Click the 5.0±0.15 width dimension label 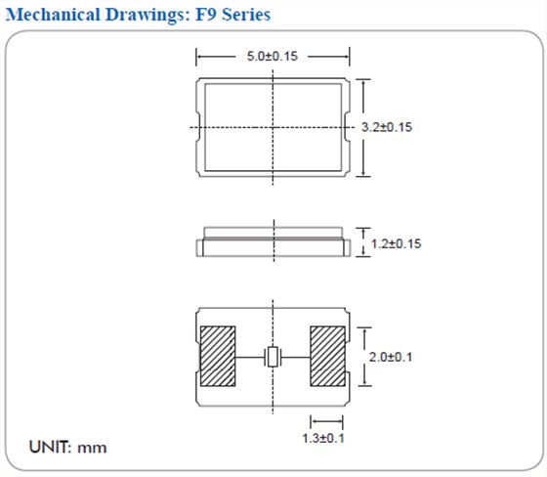click(x=273, y=56)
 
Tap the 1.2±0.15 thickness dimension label click(x=397, y=242)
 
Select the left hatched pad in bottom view click(x=218, y=357)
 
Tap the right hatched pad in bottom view click(x=328, y=357)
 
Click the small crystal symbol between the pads click(x=273, y=358)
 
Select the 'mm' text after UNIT click(x=94, y=449)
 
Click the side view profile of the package click(x=273, y=243)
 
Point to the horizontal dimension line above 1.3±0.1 click(x=323, y=422)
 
